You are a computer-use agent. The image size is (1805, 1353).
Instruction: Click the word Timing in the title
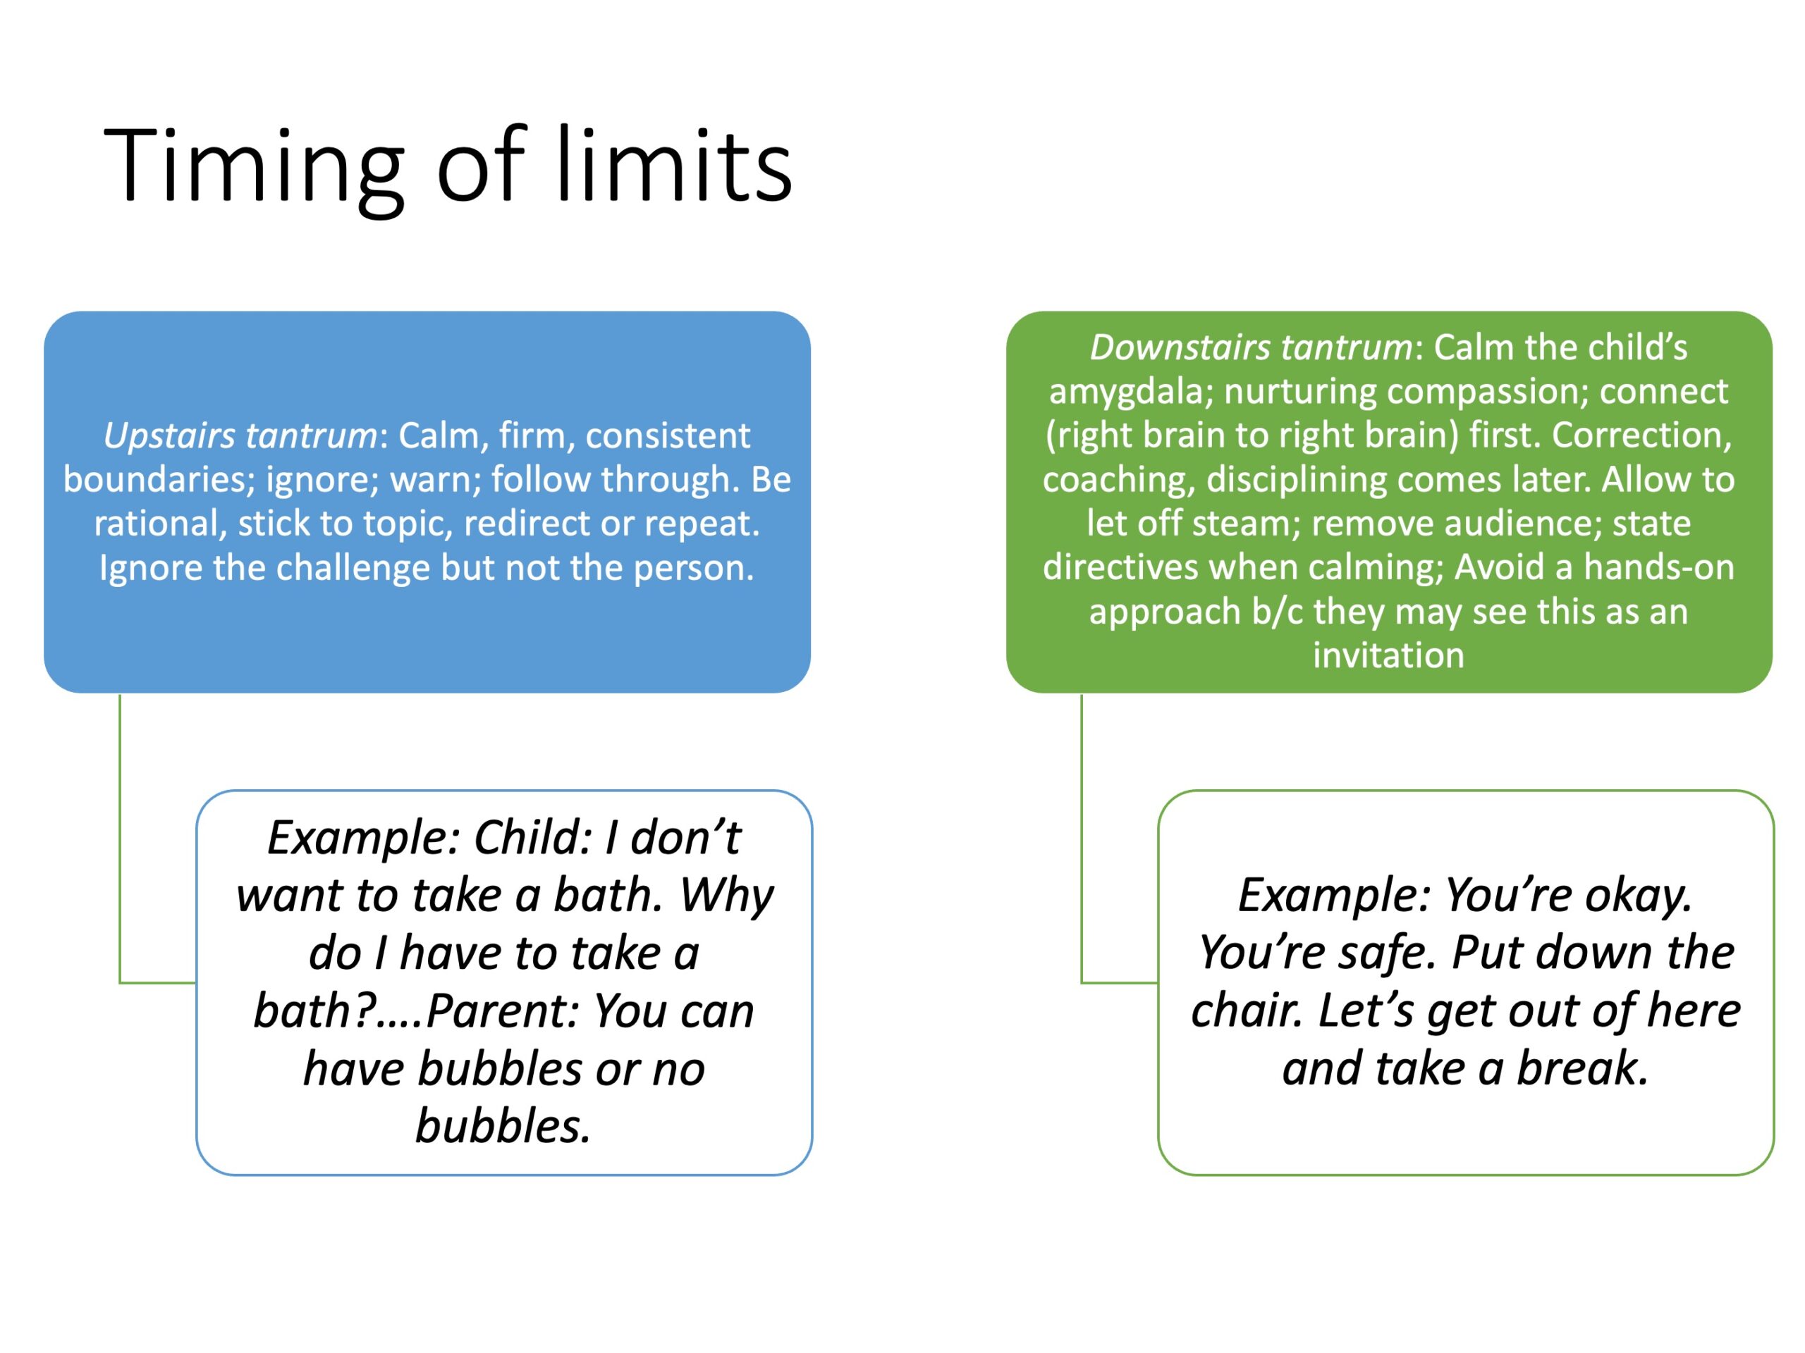(253, 167)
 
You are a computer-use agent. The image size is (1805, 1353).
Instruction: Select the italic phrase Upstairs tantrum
(240, 435)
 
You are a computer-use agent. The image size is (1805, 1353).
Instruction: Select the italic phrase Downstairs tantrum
(1251, 347)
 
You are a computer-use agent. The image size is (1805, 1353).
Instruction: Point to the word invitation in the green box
(1388, 655)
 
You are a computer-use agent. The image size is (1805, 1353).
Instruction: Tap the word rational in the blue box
(160, 524)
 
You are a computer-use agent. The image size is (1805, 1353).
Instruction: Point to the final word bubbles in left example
(502, 1127)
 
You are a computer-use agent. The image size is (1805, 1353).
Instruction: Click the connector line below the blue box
(120, 840)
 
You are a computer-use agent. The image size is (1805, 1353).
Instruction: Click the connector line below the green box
(1082, 840)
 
